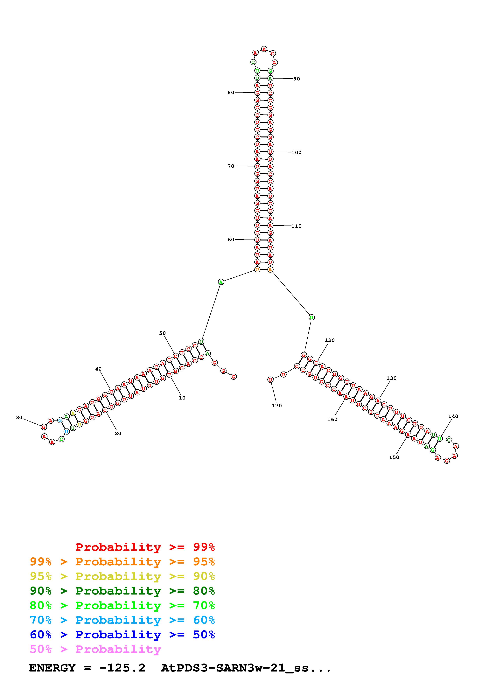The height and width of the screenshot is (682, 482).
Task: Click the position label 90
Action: pos(296,79)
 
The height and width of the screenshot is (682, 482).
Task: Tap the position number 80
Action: pos(231,92)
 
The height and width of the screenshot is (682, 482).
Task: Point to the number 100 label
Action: pos(296,152)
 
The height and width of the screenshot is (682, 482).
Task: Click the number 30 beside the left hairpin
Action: pos(19,417)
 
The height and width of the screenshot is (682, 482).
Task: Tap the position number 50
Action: pos(162,333)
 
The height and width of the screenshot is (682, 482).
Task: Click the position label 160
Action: pos(332,419)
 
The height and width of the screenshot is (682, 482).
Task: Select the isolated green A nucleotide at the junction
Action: pos(221,282)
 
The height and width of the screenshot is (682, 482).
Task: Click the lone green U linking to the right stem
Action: pos(311,317)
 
